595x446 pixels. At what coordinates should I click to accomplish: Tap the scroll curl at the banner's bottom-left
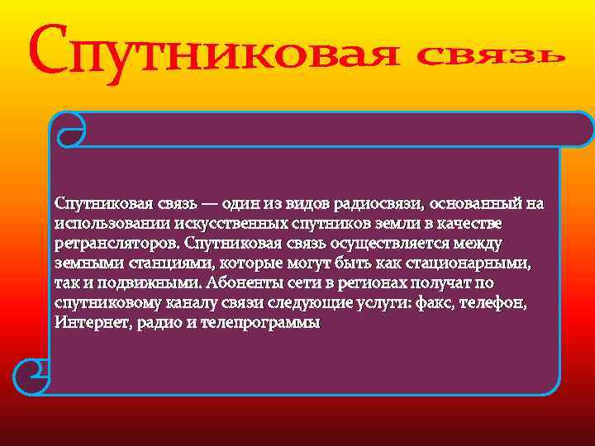click(x=35, y=377)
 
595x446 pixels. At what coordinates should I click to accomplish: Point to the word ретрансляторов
click(x=117, y=244)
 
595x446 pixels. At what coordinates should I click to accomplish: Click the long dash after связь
click(x=209, y=203)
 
